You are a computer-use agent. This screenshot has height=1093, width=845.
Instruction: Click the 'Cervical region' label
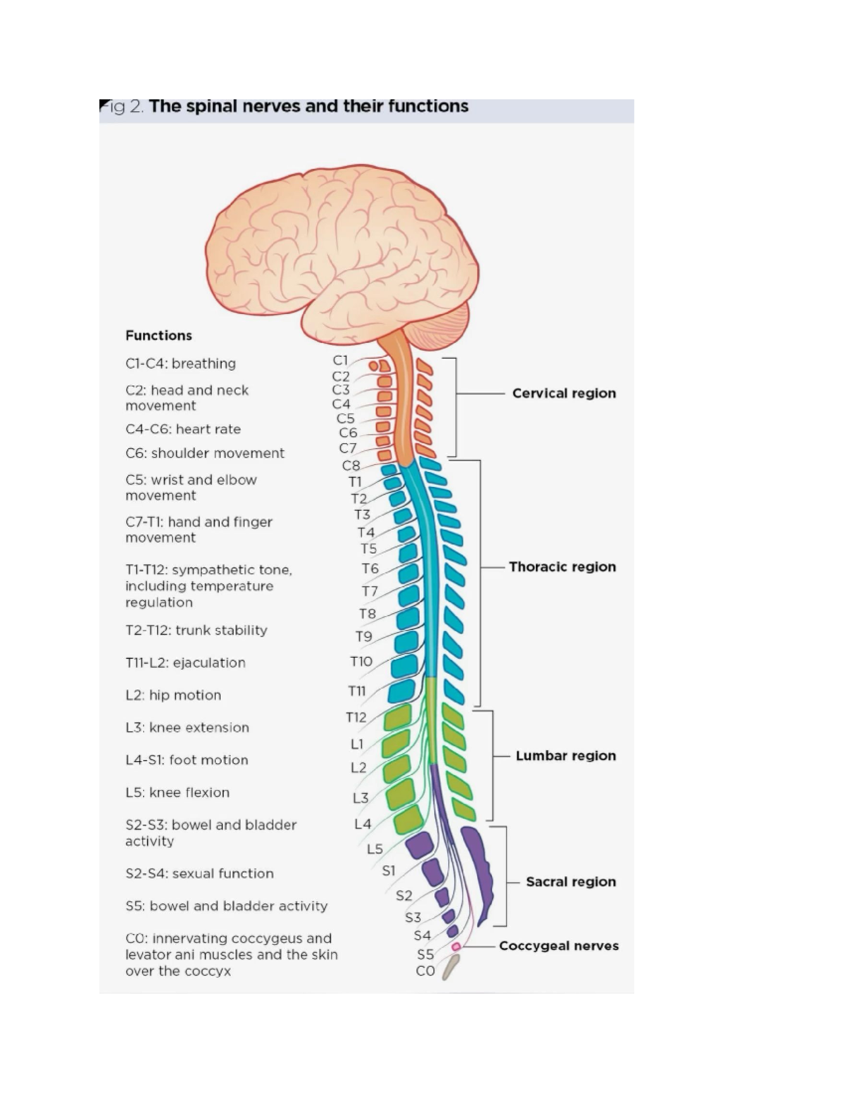tap(563, 393)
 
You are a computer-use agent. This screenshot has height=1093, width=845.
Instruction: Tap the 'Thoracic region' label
tap(562, 567)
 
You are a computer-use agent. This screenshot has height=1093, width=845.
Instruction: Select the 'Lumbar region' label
tap(565, 756)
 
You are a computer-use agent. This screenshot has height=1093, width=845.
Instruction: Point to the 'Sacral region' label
tap(570, 882)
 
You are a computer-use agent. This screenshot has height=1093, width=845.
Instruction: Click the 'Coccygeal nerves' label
tap(558, 946)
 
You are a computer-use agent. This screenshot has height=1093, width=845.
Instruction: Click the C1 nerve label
tap(340, 360)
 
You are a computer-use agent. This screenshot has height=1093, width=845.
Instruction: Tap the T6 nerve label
tap(370, 568)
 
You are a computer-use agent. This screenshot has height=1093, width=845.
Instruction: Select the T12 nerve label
tap(356, 717)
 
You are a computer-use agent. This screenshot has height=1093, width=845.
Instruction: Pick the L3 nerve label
tap(361, 798)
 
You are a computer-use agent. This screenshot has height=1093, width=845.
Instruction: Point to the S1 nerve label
tap(389, 871)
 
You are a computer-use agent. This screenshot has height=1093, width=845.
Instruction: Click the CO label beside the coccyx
tap(425, 971)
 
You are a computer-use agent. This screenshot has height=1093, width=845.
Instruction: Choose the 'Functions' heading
tap(158, 336)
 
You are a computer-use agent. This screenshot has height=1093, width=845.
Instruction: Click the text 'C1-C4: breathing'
tap(180, 364)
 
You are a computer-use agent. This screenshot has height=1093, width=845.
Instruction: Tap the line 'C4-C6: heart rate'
tap(183, 429)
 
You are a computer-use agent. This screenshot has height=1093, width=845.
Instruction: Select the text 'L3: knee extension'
tap(187, 728)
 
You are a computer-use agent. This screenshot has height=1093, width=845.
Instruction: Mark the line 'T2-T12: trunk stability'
tap(196, 631)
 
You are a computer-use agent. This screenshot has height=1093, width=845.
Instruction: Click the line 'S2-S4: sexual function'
tap(199, 873)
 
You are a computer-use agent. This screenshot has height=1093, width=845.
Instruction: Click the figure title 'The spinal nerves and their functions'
tap(308, 107)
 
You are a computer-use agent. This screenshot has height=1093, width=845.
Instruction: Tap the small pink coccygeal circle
tap(456, 946)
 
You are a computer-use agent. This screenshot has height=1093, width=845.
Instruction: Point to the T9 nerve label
tap(363, 636)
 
